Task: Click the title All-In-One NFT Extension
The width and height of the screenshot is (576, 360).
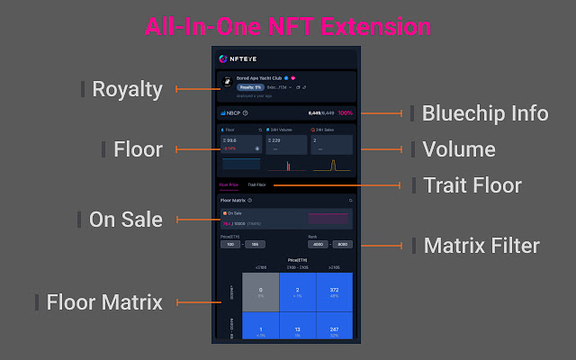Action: coord(288,26)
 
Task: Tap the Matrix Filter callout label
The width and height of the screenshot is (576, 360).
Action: coord(481,245)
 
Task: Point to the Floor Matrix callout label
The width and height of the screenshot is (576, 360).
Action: coord(104,302)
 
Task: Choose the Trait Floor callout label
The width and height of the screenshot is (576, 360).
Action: coord(473,185)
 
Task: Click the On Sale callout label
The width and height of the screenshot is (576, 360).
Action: coord(126,219)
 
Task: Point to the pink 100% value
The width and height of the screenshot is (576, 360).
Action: coord(345,113)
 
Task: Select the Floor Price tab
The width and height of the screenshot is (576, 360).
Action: coord(229,184)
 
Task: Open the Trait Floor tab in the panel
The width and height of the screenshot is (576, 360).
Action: coord(257,184)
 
